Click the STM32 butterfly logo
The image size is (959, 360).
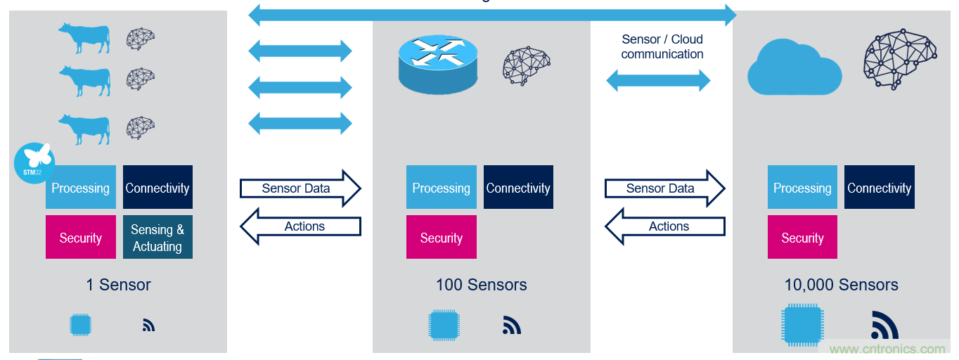click(x=34, y=163)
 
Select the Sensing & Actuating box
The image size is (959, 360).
click(x=157, y=238)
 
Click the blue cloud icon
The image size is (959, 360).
click(x=794, y=68)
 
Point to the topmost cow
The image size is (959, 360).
click(x=84, y=38)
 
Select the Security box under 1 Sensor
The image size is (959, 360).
click(x=80, y=238)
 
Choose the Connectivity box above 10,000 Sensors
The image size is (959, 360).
click(x=879, y=188)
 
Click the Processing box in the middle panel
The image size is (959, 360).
click(x=441, y=188)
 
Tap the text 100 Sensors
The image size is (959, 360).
click(x=481, y=285)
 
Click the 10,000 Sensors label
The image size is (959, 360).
click(x=841, y=285)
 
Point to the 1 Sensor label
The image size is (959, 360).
click(x=118, y=285)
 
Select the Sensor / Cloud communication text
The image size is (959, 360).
click(x=662, y=46)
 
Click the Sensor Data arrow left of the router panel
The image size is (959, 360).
click(x=300, y=188)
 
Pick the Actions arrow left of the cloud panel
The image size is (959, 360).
click(x=665, y=226)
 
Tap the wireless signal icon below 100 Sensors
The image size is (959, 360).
click(x=512, y=325)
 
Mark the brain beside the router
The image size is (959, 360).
click(x=526, y=65)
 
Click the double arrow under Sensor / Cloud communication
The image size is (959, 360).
click(x=658, y=81)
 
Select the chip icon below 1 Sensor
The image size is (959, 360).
click(x=81, y=325)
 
